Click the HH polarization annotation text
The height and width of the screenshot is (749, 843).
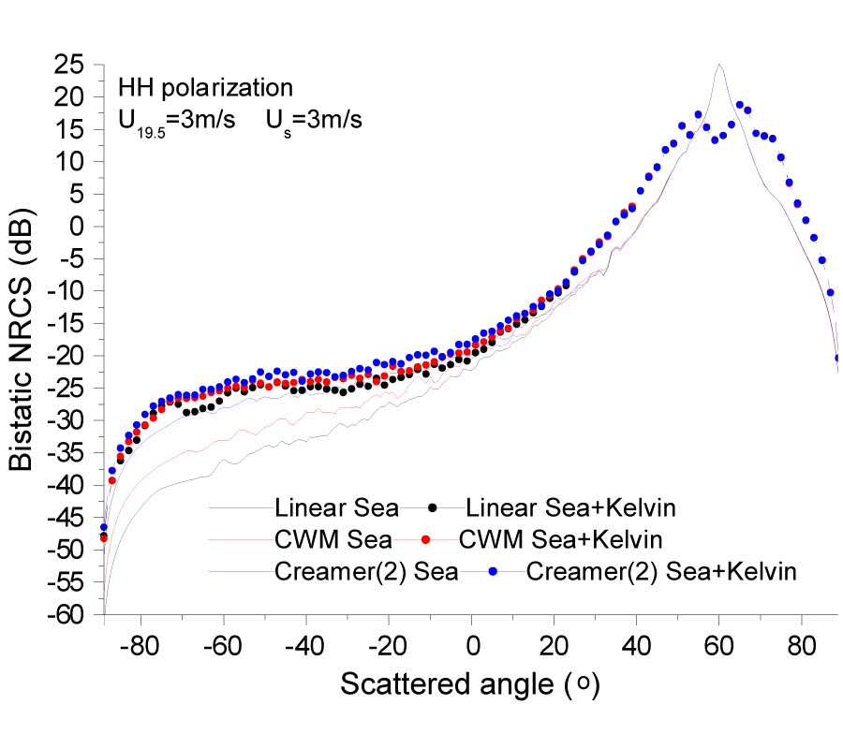[205, 89]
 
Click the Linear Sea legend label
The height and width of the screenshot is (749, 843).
[337, 508]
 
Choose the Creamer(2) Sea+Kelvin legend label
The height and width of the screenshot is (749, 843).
[660, 572]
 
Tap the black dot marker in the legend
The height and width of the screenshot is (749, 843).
[432, 508]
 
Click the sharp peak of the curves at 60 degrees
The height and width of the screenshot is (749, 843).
[718, 65]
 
